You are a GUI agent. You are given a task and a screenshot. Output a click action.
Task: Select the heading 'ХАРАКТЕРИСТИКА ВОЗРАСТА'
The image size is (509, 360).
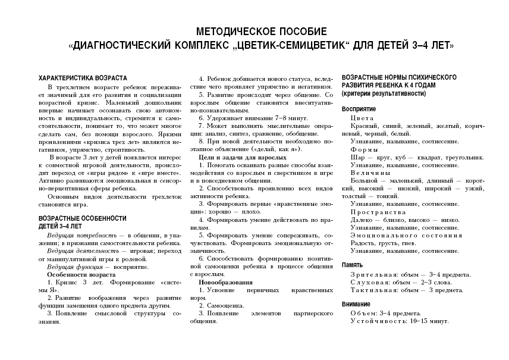[x=83, y=79]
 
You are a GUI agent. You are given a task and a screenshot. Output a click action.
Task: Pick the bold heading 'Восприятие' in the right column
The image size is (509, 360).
[x=359, y=110]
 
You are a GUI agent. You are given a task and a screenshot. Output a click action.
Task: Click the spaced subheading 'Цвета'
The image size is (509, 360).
[x=362, y=118]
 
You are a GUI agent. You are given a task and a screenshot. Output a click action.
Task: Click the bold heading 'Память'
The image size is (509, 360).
[x=352, y=265]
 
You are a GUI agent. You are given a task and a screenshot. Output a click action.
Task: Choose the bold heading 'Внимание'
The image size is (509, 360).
[x=356, y=304]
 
